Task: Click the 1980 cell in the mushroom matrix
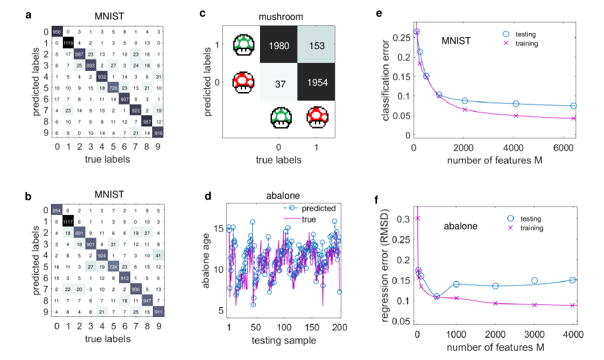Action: (279, 46)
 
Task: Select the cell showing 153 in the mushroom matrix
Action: (316, 46)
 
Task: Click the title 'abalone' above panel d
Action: (282, 197)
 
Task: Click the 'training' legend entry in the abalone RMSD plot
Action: (527, 228)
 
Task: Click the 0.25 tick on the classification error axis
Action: (400, 37)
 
